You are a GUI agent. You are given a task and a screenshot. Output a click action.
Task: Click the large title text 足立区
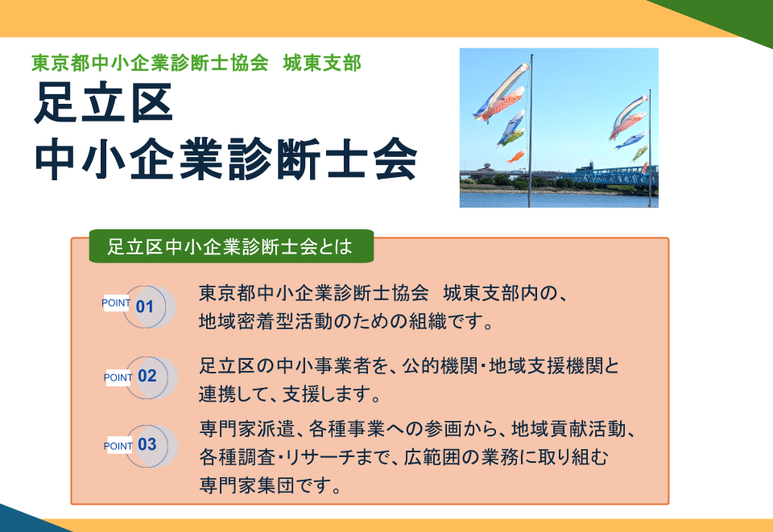pos(103,105)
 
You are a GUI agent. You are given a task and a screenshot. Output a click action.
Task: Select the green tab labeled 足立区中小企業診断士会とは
pos(230,247)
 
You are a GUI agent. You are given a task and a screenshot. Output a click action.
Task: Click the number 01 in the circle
pos(145,307)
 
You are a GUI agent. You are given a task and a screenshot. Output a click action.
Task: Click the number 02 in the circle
pos(147,376)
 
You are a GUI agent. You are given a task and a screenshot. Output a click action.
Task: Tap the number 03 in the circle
pos(147,444)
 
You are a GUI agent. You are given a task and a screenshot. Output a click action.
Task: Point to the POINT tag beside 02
pos(118,377)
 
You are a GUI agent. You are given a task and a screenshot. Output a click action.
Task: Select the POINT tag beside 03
pos(118,446)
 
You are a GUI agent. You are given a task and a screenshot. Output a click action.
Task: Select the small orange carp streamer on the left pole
pos(515,156)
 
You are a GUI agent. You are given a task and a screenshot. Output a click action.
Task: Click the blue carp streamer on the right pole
pos(630,141)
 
